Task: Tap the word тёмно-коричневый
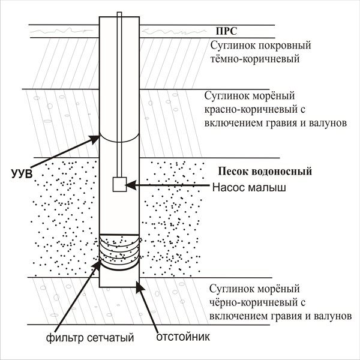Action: pos(254,59)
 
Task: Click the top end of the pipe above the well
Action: pos(119,14)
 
